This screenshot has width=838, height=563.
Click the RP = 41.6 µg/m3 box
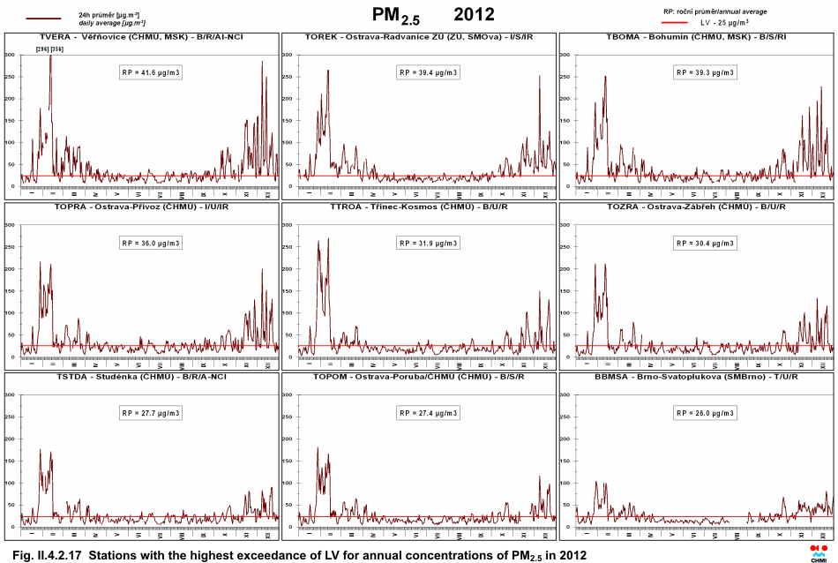tap(151, 72)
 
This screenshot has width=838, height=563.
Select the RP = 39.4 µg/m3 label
tap(429, 72)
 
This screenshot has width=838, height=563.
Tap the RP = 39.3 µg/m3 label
tap(706, 72)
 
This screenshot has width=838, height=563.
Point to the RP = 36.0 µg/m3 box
tap(151, 243)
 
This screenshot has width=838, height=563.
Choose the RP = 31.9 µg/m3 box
tap(429, 243)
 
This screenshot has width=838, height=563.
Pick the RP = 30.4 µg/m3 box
tap(706, 243)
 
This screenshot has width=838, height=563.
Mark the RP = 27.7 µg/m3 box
tap(151, 412)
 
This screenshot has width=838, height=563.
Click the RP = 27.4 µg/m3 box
tap(429, 412)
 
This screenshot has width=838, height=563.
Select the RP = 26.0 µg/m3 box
tap(706, 412)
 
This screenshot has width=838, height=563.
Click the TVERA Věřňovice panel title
tap(141, 37)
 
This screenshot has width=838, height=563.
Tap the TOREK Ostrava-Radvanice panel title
tap(418, 37)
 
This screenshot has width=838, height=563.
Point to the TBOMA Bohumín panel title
tap(696, 37)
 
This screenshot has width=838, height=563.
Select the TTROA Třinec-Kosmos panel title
tap(418, 206)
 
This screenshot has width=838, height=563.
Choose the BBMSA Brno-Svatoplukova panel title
tap(696, 376)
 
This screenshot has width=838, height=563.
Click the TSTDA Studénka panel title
tap(141, 376)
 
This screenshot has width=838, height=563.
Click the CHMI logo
tap(819, 552)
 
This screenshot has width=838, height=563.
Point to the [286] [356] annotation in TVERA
tap(49, 49)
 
